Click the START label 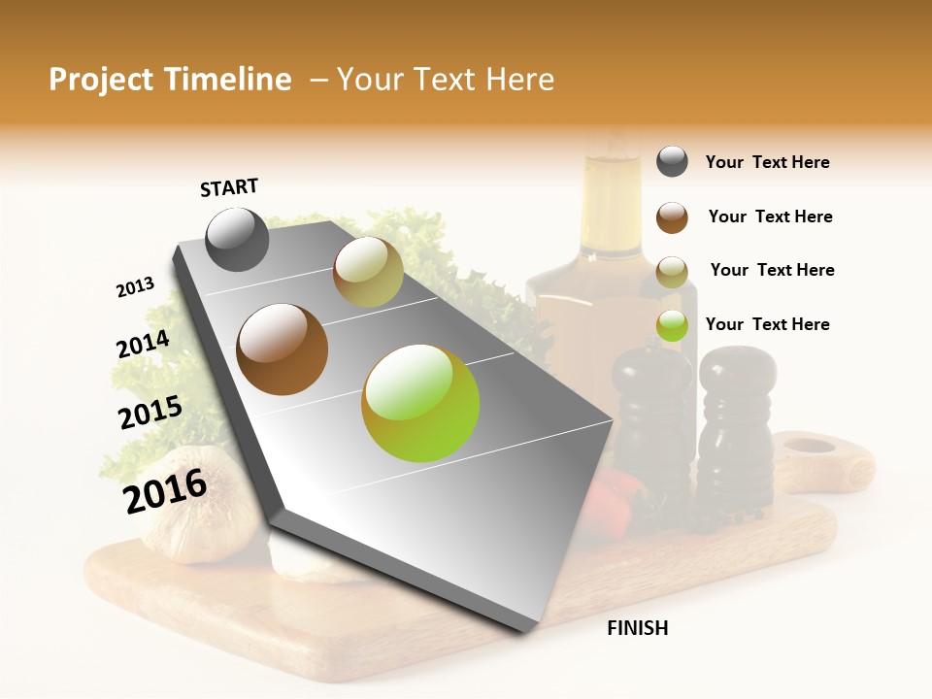tap(229, 187)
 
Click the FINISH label tap(637, 628)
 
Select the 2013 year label tap(135, 287)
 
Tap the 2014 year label tap(143, 345)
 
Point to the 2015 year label tap(150, 413)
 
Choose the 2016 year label tap(165, 490)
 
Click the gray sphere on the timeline tap(238, 239)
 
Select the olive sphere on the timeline tap(368, 272)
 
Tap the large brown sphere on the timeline tap(283, 349)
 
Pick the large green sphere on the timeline tap(420, 403)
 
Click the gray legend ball tap(672, 161)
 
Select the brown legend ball tap(672, 217)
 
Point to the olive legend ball tap(672, 272)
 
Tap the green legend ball tap(672, 326)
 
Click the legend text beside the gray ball tap(767, 162)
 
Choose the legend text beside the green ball tap(767, 324)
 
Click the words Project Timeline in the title tap(170, 80)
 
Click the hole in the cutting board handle tap(809, 447)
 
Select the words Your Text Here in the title tap(446, 80)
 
